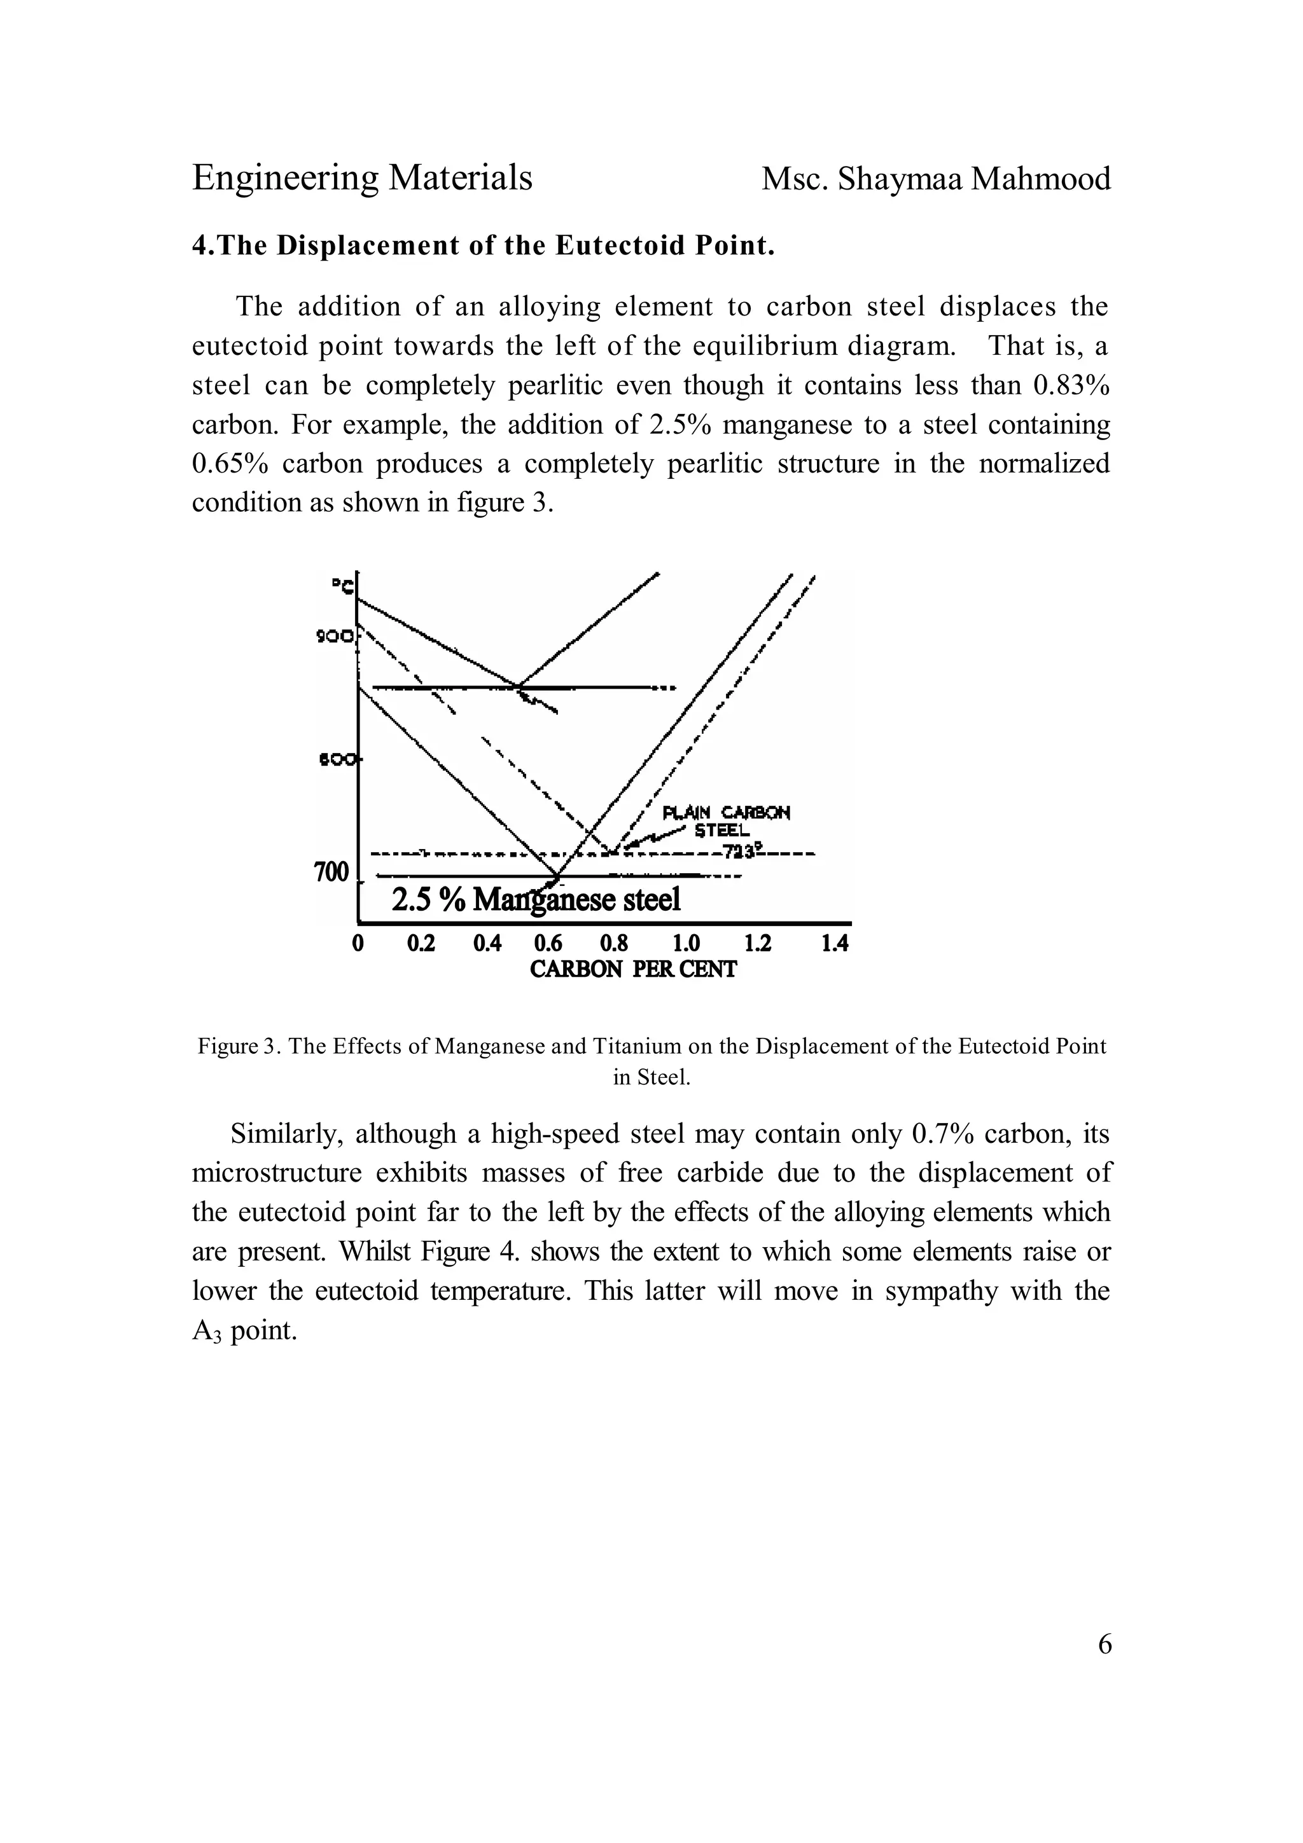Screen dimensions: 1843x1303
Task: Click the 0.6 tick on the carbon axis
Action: [548, 942]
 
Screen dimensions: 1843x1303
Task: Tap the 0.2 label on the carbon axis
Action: [421, 942]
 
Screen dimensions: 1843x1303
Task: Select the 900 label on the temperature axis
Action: [334, 637]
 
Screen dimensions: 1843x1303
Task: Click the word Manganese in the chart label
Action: [543, 900]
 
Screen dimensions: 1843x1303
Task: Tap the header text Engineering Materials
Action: [362, 177]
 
